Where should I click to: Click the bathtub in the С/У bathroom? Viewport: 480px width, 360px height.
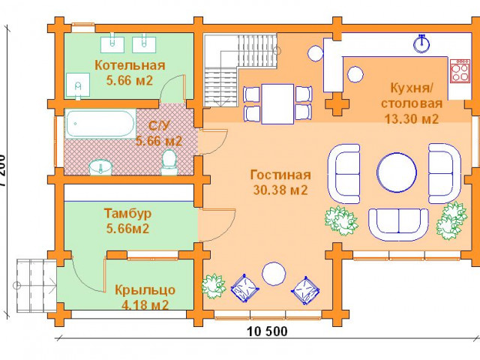100,124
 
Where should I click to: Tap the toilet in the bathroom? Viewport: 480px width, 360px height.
169,162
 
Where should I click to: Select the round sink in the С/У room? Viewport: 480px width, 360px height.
100,168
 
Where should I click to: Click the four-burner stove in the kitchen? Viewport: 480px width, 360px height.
460,70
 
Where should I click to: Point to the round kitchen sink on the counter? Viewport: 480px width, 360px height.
421,43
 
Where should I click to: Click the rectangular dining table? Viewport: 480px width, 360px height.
277,104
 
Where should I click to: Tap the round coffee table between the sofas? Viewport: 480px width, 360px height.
397,172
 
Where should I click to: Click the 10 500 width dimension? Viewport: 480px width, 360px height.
267,331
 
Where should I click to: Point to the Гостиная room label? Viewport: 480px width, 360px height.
280,175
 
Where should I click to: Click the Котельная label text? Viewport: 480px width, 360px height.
130,65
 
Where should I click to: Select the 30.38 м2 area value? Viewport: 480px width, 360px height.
280,190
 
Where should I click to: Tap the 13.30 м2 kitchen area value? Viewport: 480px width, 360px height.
412,118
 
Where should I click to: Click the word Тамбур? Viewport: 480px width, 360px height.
128,213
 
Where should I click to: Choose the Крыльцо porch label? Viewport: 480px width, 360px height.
145,290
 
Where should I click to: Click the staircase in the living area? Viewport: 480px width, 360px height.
241,70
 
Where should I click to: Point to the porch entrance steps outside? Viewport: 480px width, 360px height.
37,285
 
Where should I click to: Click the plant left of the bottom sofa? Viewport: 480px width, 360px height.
341,220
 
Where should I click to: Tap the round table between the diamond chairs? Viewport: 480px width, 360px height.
274,274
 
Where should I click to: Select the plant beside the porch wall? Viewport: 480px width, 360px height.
213,286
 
